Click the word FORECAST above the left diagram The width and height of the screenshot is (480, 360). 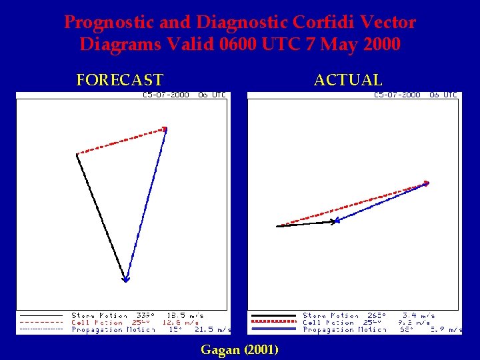119,81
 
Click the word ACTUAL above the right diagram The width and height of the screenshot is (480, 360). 348,81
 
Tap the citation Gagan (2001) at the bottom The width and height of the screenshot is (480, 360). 239,349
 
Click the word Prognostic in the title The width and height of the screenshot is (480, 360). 109,23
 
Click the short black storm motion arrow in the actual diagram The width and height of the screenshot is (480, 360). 307,224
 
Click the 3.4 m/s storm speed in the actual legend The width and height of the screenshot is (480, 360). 418,315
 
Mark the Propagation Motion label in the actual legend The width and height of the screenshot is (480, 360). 345,329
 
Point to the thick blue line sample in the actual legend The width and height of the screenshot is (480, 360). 271,329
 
